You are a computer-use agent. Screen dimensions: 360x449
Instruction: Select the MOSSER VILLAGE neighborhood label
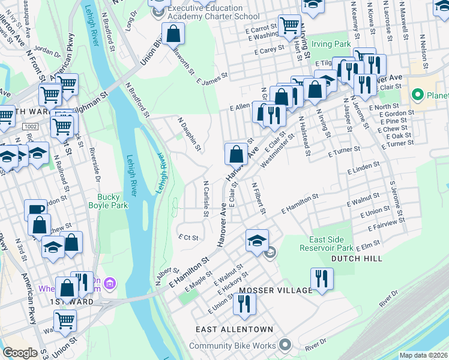[276, 290]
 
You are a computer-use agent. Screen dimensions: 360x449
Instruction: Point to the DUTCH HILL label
[356, 259]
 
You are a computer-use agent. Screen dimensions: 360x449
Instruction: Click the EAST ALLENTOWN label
[234, 329]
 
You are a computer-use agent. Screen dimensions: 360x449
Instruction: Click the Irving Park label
[334, 45]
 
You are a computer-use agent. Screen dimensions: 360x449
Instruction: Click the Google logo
[20, 353]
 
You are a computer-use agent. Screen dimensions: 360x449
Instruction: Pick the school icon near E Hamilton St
[256, 240]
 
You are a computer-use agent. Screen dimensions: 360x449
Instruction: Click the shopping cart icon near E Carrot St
[289, 25]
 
